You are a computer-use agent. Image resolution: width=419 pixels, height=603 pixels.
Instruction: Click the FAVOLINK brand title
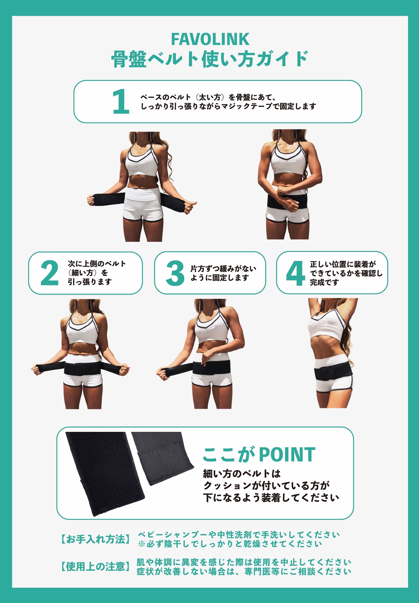(x=210, y=39)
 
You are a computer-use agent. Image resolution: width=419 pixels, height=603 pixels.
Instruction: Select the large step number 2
(x=49, y=273)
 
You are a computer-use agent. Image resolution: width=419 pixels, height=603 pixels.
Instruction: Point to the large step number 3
(x=175, y=273)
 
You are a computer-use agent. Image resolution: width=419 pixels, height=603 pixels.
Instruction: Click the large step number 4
(x=295, y=273)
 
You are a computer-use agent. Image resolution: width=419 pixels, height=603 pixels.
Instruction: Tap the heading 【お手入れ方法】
(x=96, y=539)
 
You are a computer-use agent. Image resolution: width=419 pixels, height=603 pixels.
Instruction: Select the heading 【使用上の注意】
(x=96, y=567)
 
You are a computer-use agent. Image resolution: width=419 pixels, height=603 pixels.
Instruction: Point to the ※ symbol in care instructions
(x=142, y=544)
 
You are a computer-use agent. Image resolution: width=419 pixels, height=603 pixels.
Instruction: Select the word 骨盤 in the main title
(x=129, y=59)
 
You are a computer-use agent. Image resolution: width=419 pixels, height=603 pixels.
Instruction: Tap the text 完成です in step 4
(x=324, y=282)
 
